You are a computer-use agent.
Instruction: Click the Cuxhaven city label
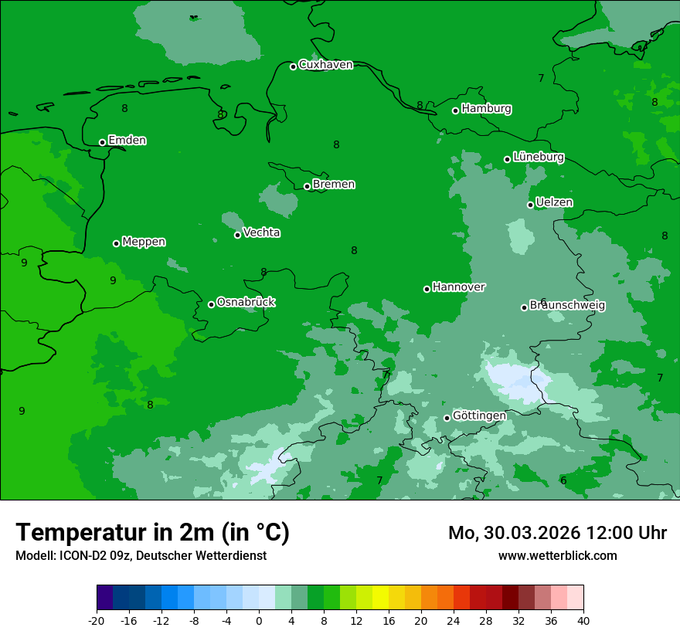pos(325,65)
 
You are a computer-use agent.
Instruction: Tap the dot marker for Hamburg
pos(456,110)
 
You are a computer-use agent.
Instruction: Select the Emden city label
pos(127,141)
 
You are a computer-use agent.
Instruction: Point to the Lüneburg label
pos(539,157)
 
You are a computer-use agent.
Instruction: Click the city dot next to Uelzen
pos(531,205)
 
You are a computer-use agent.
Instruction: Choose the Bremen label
pos(334,185)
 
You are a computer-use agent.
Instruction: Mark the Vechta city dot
pos(238,235)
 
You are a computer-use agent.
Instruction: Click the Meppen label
pos(144,242)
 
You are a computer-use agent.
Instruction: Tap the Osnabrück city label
pos(246,302)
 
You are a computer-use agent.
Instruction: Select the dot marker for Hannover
pos(427,289)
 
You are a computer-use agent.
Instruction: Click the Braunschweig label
pos(567,305)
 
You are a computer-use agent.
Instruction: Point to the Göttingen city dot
pos(447,418)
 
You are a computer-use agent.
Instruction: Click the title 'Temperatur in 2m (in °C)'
pos(152,533)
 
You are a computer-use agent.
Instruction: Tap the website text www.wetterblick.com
pos(557,555)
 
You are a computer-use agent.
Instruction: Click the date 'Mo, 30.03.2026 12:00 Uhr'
pos(557,533)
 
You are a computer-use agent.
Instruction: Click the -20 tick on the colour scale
pos(97,620)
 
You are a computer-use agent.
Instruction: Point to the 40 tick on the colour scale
pos(583,620)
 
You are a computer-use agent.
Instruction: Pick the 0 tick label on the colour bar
pos(259,620)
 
